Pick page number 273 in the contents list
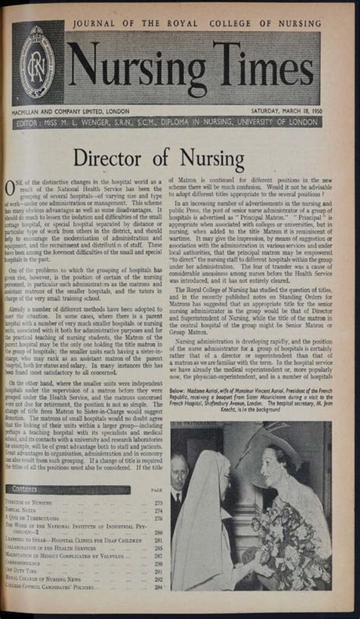tap(159, 503)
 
